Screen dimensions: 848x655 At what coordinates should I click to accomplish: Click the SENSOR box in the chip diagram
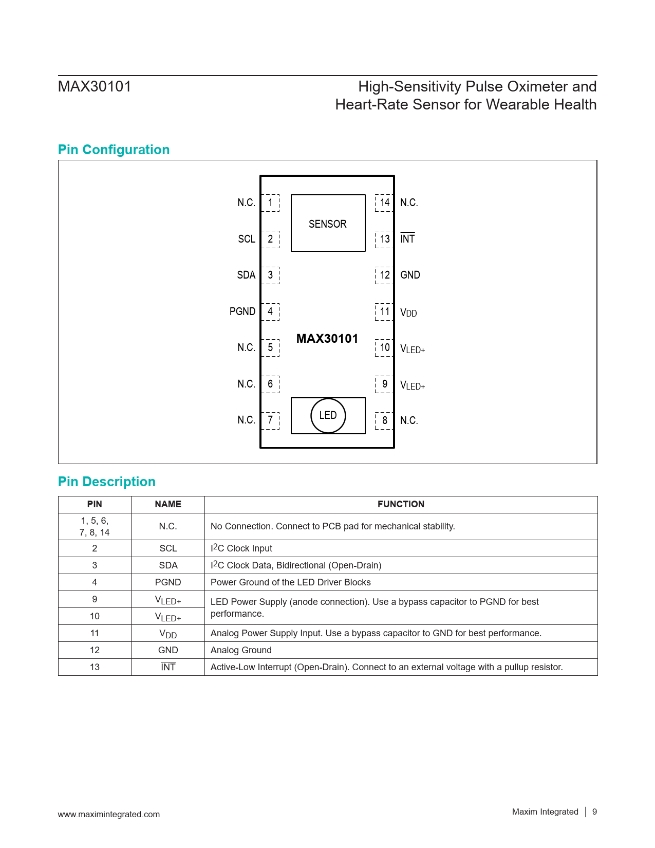point(328,223)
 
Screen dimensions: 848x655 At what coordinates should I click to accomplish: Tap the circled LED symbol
point(328,415)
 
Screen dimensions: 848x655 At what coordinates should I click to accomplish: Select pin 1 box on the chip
point(270,202)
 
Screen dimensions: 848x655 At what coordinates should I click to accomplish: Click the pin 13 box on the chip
point(384,239)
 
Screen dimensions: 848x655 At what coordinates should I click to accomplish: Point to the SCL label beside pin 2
point(247,239)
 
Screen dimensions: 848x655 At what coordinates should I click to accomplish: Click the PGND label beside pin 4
point(242,311)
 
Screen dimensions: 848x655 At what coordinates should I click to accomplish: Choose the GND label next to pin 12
point(410,275)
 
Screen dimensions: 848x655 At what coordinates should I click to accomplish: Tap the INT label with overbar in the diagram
point(407,239)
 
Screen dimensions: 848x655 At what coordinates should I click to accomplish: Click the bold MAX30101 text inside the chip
point(327,339)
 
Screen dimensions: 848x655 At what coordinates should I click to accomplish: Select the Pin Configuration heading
point(114,150)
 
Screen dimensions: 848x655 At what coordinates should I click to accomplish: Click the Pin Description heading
point(107,482)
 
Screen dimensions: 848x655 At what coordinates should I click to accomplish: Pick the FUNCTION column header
point(401,504)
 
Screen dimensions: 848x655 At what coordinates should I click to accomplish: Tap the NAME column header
point(168,504)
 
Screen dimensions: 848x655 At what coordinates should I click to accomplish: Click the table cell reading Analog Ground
point(241,650)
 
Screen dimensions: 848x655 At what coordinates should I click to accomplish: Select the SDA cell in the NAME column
point(168,565)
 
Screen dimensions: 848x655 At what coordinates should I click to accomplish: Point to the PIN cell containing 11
point(95,633)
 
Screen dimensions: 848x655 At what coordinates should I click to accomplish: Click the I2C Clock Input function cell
point(241,548)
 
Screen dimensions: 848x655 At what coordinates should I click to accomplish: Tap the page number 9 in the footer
point(594,812)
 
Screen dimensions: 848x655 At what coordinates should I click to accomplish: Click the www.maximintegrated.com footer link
point(109,814)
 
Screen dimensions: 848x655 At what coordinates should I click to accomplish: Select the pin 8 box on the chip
point(384,420)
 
